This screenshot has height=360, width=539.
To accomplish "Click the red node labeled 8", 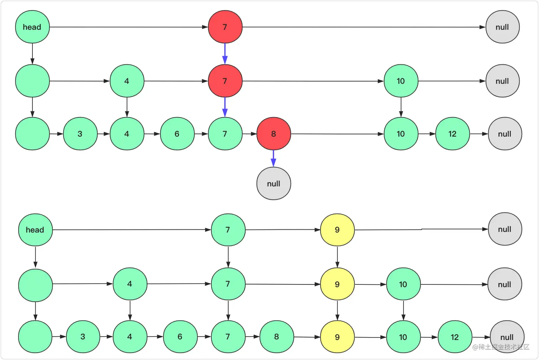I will point(273,134).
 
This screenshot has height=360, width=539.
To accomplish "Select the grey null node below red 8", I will point(273,183).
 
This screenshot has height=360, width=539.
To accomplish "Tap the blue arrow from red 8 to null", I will point(273,158).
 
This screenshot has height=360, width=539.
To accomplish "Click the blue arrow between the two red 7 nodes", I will point(225,54).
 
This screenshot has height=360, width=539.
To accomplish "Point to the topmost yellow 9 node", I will point(337,230).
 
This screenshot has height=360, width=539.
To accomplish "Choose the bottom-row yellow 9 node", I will point(337,337).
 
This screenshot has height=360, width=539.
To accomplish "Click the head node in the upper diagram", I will point(32,27).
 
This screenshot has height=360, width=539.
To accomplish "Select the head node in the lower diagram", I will point(35,230).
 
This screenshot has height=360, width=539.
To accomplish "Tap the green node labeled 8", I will point(276,336).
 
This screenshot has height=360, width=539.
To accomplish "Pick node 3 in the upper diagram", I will point(80,134).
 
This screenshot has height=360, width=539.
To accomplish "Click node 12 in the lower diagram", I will point(455,337).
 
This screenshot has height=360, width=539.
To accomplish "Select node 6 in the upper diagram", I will point(177,134).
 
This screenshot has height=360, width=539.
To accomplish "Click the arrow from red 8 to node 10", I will point(337,134).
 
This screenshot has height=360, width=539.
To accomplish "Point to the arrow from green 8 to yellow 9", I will point(307,337).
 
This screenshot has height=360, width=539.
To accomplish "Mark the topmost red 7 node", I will point(225,27).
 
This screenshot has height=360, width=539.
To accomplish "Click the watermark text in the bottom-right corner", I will point(501,347).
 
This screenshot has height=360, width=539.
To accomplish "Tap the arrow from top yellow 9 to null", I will point(421,229).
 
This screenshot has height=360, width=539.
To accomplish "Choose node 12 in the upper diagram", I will point(452,134).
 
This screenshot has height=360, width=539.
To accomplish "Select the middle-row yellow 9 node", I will point(337,284).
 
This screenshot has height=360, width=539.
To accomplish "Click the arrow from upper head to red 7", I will point(128,27).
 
